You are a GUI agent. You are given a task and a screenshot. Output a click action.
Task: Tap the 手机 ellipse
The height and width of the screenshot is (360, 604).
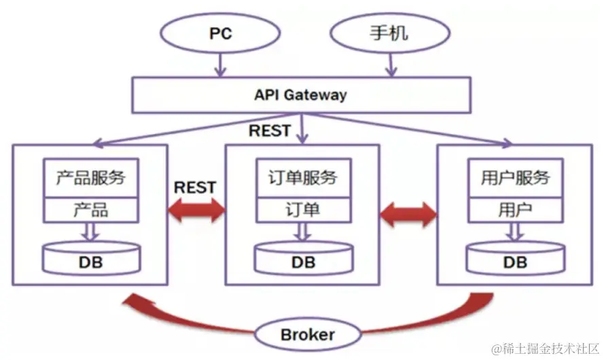tap(389, 32)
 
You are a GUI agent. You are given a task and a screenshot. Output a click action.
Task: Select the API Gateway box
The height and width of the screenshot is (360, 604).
tap(300, 94)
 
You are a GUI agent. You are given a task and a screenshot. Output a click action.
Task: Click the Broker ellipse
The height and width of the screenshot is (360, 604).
tap(307, 334)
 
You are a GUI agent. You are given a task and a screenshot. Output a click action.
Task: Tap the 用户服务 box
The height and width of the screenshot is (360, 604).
tap(515, 179)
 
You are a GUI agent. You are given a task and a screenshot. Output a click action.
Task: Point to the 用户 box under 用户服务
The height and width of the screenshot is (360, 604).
tap(515, 210)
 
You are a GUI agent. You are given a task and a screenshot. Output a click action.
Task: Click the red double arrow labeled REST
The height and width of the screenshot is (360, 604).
tap(196, 212)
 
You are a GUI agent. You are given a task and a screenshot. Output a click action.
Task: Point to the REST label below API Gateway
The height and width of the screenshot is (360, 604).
tap(270, 130)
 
